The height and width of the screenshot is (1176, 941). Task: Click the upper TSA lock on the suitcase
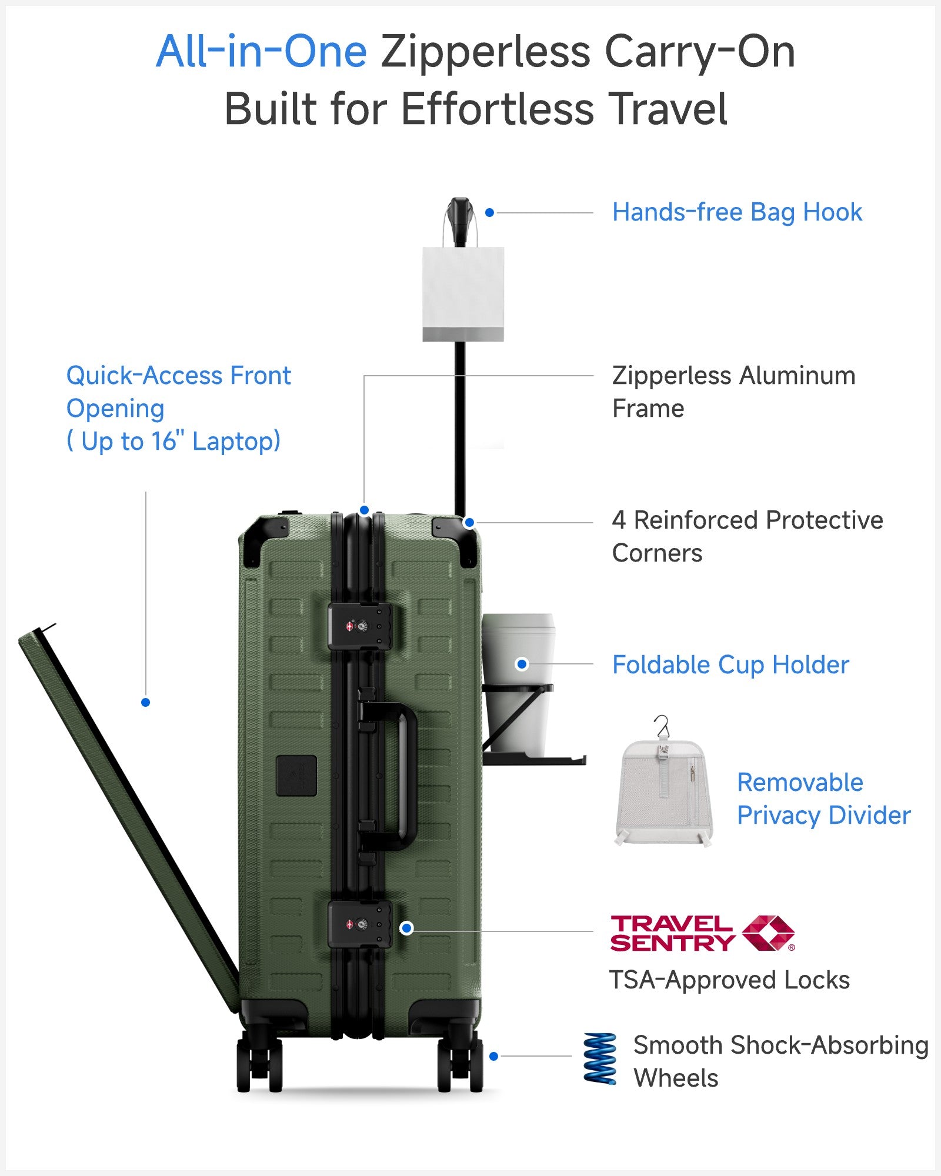coord(359,626)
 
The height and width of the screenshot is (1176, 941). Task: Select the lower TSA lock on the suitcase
coord(359,924)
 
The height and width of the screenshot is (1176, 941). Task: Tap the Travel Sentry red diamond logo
coord(768,933)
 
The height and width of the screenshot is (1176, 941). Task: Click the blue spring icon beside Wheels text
coord(600,1058)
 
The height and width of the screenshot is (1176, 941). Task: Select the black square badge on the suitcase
coord(296,776)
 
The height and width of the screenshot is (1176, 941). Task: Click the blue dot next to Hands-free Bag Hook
coord(489,213)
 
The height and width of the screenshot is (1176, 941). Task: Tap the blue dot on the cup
coord(522,664)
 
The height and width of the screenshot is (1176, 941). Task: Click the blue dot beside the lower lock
coord(406,928)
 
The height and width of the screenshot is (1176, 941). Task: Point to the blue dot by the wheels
coord(494,1057)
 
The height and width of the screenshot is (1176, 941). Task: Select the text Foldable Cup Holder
coord(730,665)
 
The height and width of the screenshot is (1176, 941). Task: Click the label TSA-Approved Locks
coord(729,980)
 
